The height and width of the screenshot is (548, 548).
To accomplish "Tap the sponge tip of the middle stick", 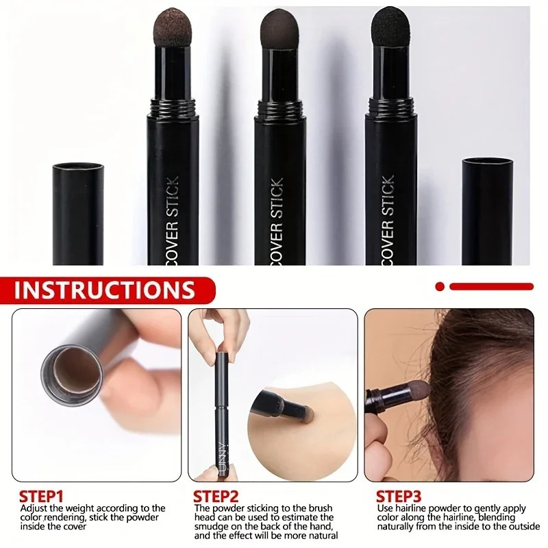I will pyautogui.click(x=279, y=31).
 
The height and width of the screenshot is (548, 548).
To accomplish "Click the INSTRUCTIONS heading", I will pyautogui.click(x=105, y=289).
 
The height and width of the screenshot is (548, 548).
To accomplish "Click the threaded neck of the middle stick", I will pyautogui.click(x=279, y=107).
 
